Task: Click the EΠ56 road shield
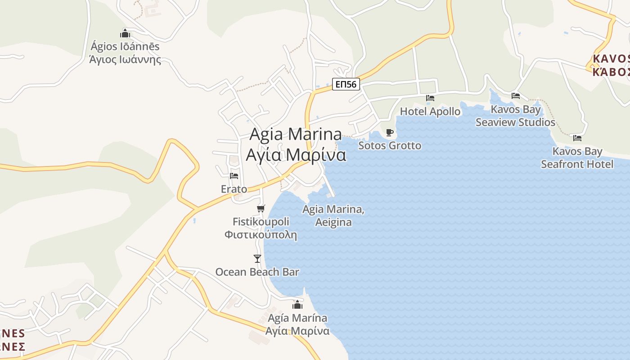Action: (346, 84)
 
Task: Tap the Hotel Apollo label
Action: (430, 111)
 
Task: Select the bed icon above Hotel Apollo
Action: (430, 98)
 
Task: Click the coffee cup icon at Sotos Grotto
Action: (390, 132)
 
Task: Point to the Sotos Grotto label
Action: (390, 145)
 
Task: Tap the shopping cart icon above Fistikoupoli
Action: (261, 208)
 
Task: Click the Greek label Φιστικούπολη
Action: (261, 234)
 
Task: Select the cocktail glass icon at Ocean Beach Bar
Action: (257, 258)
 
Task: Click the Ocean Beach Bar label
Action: (257, 272)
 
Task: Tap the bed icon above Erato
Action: (234, 175)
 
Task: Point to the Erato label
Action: (234, 189)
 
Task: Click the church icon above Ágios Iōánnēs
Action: (125, 33)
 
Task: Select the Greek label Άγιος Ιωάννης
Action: (125, 59)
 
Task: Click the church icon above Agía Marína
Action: (297, 305)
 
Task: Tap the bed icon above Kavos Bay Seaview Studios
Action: (516, 95)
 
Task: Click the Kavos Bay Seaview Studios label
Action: (516, 116)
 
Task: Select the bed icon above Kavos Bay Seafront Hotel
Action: (577, 138)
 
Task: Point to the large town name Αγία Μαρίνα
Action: (296, 154)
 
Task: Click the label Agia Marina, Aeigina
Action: (333, 216)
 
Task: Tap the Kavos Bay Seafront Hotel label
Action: (577, 157)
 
